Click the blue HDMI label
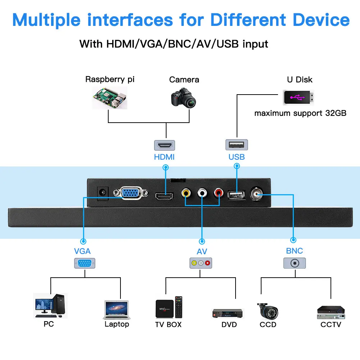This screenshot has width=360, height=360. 164,157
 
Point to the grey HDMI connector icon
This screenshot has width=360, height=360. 164,145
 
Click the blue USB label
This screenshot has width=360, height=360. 237,157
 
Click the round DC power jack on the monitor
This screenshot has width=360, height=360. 103,192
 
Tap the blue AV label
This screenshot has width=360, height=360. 202,252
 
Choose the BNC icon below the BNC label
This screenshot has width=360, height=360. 295,263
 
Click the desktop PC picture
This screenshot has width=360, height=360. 50,306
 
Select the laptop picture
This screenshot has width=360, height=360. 116,310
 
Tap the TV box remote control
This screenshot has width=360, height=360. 179,307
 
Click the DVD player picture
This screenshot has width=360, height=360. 228,313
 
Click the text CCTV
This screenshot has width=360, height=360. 331,325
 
